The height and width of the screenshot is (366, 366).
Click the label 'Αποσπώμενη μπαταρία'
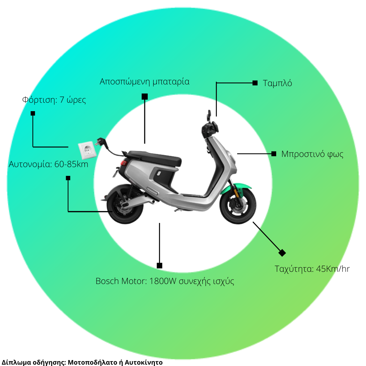click(x=144, y=82)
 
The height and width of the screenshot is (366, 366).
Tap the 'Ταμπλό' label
click(x=277, y=83)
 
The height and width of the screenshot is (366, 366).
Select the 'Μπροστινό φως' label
click(x=312, y=154)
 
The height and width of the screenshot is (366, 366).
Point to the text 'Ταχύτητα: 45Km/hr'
click(x=312, y=269)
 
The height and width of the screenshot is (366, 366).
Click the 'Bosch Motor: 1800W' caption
click(x=136, y=281)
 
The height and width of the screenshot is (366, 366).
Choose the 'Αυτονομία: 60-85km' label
click(x=48, y=164)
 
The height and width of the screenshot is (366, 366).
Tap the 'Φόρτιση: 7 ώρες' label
click(x=54, y=100)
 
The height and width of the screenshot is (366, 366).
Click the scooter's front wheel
click(x=238, y=205)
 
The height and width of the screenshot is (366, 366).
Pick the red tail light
click(x=124, y=163)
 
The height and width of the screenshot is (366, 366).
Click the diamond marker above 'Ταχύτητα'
click(x=282, y=253)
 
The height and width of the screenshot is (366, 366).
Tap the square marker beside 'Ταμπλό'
click(x=255, y=83)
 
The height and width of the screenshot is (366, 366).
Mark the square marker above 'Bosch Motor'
click(x=159, y=266)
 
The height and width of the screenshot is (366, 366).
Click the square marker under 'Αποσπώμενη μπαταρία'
click(x=145, y=97)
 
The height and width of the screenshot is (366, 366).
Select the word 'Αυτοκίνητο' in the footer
click(x=144, y=362)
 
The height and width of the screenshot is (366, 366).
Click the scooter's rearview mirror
click(x=209, y=115)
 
